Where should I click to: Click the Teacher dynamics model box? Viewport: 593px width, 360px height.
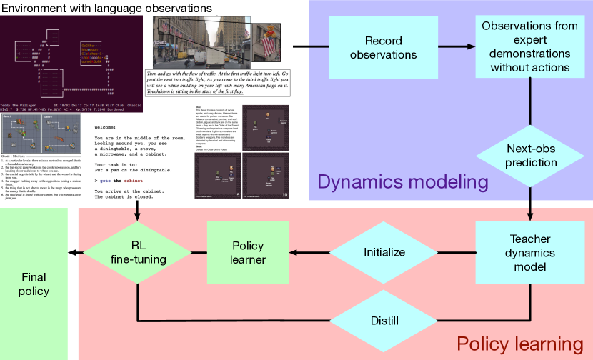click(x=531, y=251)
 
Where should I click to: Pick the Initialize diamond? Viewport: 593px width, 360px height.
click(x=384, y=252)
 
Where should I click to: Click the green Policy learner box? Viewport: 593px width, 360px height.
click(x=248, y=252)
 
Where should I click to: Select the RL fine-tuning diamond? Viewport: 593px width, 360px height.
click(x=139, y=252)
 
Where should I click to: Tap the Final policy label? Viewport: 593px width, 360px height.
click(x=35, y=284)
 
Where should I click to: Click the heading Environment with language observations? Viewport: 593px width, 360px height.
click(x=106, y=8)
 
